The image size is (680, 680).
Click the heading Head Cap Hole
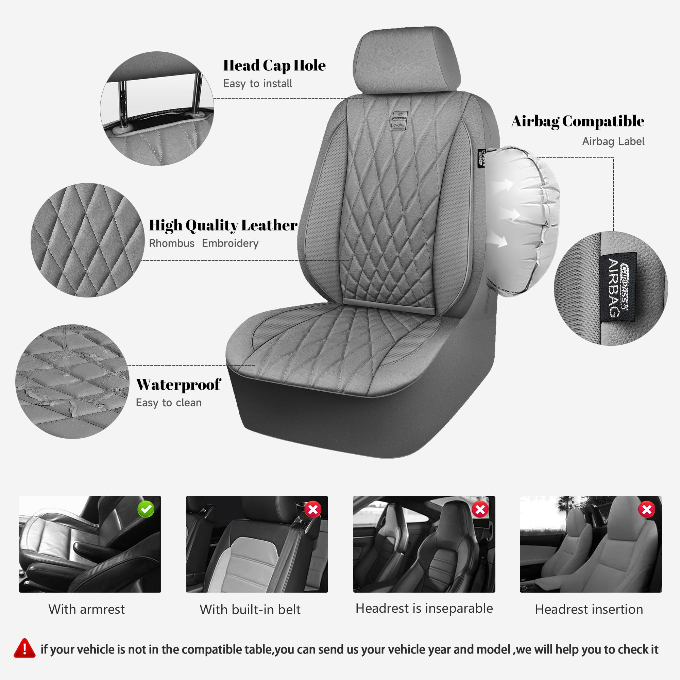point(274,66)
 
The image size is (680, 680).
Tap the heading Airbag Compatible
point(578,121)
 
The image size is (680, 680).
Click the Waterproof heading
point(178,384)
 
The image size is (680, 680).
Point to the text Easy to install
point(257,84)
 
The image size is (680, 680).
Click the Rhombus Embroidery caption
point(203,243)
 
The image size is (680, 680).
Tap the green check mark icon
point(146,509)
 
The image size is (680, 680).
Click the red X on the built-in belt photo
point(312,509)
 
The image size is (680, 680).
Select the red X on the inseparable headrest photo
point(480,509)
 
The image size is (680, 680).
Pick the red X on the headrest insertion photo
point(647,509)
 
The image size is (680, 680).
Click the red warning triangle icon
point(24,648)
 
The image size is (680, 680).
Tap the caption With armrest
point(87,609)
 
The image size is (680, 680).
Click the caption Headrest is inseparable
point(424,608)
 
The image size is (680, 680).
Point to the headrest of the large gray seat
point(407,60)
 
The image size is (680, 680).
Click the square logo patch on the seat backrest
point(400,121)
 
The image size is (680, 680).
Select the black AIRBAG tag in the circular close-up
point(618,287)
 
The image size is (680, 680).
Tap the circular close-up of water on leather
point(72,381)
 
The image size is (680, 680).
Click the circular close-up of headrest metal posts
point(157,108)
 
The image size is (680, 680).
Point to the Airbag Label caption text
point(613,141)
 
